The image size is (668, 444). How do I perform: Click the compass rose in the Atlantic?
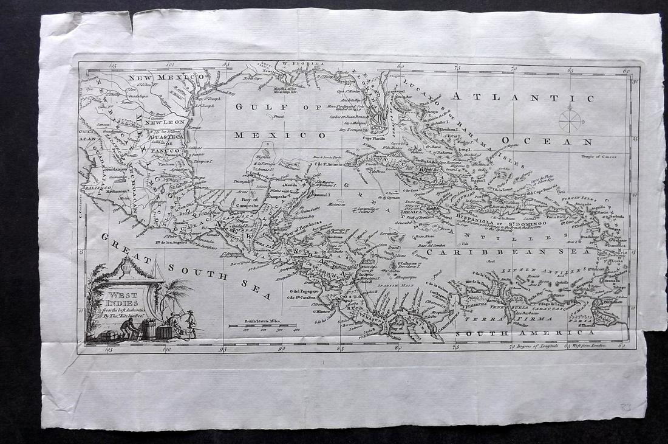click(x=570, y=119)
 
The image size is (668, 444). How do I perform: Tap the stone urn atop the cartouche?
click(x=127, y=266)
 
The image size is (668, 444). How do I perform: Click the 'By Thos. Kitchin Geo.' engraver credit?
click(x=126, y=316)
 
